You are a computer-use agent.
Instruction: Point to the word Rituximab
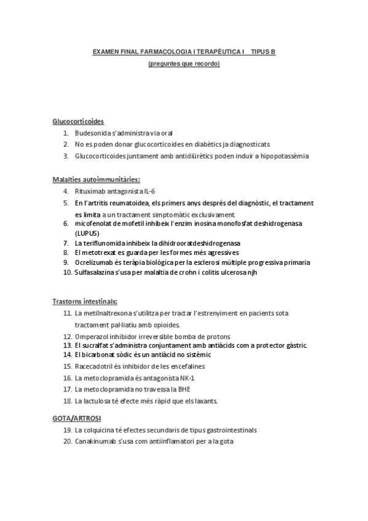coord(89,191)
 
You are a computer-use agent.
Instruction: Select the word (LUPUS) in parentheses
coord(87,233)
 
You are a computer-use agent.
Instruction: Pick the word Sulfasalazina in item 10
coord(95,272)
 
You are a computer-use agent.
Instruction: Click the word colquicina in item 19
coord(100,430)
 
